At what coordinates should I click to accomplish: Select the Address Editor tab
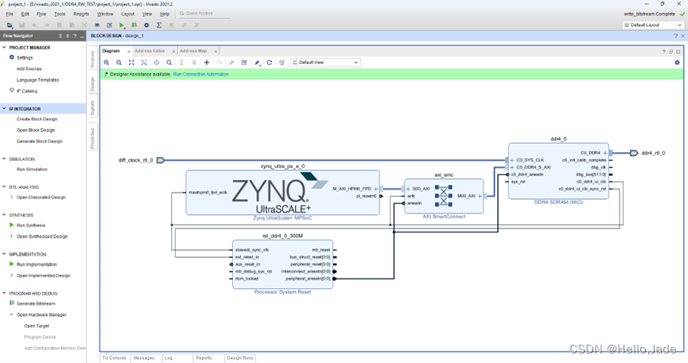coord(150,51)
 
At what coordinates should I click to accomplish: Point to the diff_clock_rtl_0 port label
coord(136,160)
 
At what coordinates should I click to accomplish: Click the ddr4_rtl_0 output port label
coord(653,153)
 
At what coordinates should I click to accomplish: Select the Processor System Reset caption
coord(282,292)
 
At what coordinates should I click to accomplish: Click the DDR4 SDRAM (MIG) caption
coord(558,202)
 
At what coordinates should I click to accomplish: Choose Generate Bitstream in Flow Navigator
coord(37,303)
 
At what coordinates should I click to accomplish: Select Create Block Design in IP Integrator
coord(36,119)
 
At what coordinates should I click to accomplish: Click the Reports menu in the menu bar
coord(81,14)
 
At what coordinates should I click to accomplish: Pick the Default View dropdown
coord(326,62)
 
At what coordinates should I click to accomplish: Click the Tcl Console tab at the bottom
coord(114,358)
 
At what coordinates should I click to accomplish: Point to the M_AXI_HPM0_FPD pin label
coord(352,189)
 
